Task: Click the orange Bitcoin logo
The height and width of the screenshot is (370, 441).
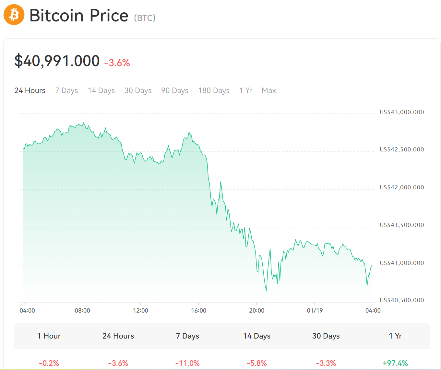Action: coord(14,15)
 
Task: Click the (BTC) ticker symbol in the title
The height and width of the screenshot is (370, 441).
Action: coord(145,18)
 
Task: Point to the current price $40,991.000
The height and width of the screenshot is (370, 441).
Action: coord(57,61)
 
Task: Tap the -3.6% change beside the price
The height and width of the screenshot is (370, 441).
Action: coord(117,63)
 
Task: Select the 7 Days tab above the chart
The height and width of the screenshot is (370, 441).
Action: coord(66,90)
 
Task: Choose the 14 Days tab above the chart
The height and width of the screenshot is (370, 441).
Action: coord(101,90)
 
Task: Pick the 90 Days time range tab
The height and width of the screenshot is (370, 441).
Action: coord(175,90)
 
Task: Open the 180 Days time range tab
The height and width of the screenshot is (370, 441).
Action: coord(214,90)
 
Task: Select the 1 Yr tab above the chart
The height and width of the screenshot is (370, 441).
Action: coord(245,90)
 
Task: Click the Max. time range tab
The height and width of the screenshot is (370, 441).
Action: coord(269,90)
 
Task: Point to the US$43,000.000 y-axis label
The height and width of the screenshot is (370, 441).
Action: coord(402,112)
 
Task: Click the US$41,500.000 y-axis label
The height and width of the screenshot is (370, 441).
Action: coord(402,225)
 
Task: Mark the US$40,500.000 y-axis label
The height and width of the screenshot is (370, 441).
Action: coord(402,300)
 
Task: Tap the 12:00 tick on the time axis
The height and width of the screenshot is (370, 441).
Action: coord(140,311)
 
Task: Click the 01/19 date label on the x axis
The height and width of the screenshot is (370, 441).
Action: coord(315,311)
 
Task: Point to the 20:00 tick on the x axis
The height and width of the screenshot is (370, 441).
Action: coord(256,311)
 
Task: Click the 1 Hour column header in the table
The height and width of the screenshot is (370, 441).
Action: coord(49,336)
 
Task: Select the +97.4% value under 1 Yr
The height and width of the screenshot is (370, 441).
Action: coord(395,363)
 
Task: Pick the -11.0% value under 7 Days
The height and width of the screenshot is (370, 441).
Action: coord(187,363)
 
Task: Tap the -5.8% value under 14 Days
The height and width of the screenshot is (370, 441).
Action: coord(257,363)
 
